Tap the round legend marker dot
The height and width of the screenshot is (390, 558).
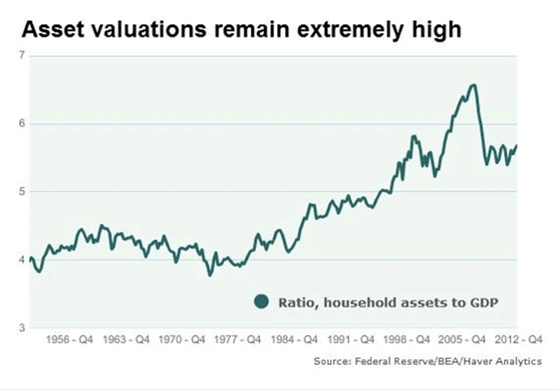pos(260,302)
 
